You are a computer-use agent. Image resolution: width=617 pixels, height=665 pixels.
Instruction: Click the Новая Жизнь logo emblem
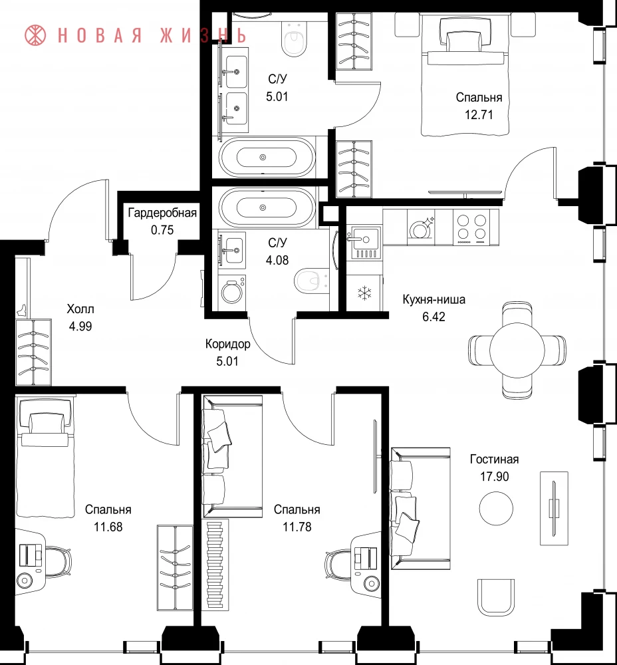[35, 35]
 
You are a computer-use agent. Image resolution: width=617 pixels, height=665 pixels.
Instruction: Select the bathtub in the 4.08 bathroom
[267, 207]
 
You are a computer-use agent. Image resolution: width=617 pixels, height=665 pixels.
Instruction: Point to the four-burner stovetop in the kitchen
[471, 227]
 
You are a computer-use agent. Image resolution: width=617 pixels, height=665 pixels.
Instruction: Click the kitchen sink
[364, 242]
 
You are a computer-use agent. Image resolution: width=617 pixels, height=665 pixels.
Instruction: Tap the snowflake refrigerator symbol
[364, 293]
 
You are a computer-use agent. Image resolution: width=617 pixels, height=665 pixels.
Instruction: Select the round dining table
[517, 350]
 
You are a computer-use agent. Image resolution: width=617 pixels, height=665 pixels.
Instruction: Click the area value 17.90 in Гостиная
[495, 477]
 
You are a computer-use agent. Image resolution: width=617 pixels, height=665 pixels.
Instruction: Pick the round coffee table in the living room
[496, 508]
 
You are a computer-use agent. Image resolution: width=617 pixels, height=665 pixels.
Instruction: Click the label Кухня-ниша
[433, 299]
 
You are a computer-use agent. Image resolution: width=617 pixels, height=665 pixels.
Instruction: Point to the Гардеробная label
[162, 213]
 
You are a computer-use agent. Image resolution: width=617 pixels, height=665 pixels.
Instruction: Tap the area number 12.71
[479, 115]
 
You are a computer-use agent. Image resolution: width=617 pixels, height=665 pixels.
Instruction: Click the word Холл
[80, 309]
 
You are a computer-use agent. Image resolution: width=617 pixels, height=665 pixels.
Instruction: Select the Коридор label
[227, 344]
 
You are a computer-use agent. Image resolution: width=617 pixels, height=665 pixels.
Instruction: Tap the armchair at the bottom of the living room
[496, 597]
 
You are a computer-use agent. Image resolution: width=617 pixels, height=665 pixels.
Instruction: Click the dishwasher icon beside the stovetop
[421, 227]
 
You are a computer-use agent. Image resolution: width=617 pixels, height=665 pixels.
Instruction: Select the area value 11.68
[108, 527]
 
